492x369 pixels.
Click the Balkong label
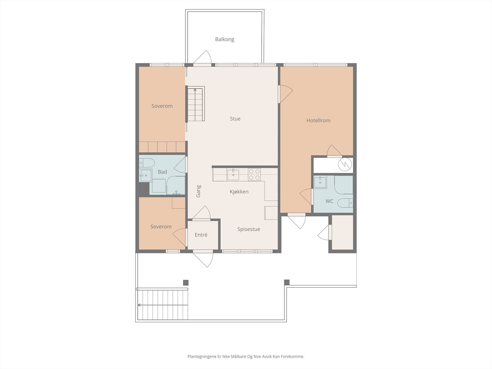coord(224,39)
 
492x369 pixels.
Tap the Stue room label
coord(235,119)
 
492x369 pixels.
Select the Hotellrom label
coord(318,121)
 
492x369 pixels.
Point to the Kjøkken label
coord(239,192)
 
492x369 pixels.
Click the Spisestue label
coord(248,229)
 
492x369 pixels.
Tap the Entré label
coord(201,235)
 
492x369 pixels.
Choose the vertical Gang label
coord(198,191)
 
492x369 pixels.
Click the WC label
coord(329,201)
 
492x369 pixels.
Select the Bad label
coord(162,172)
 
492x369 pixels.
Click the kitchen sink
coord(233,175)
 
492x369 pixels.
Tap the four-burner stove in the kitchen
coord(254,175)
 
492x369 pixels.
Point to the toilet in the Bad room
coord(147,163)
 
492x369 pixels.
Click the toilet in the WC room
coord(345,203)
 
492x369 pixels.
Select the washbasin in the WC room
coord(320,182)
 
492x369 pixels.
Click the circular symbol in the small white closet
coord(345,165)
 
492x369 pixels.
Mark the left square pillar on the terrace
coord(186,283)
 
